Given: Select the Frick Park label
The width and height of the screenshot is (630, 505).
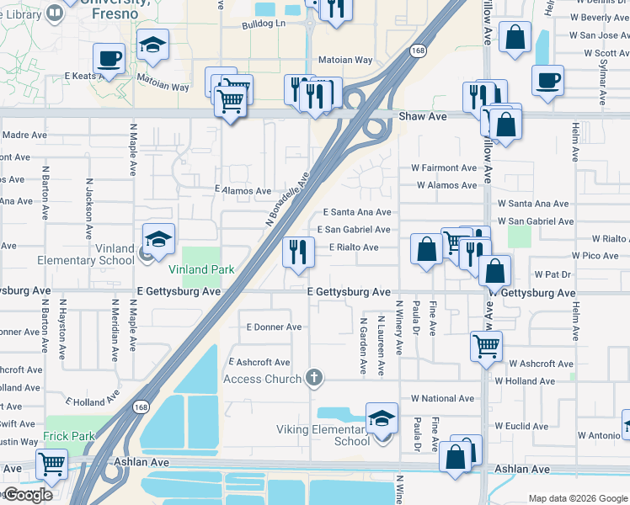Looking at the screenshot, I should [x=69, y=437].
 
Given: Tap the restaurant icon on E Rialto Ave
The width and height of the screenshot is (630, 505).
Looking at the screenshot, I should [x=298, y=252].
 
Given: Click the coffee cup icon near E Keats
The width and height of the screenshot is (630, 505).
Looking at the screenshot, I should [x=109, y=59].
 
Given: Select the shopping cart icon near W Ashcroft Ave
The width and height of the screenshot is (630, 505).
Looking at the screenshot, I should [x=487, y=344].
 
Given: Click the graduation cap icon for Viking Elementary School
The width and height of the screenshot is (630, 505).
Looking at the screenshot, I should [x=382, y=417].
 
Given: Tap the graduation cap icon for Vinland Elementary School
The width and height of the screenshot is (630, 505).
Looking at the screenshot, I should [x=158, y=238].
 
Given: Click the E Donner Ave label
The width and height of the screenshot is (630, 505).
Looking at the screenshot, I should [x=273, y=327].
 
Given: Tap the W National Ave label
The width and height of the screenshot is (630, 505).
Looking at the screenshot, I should [x=442, y=398].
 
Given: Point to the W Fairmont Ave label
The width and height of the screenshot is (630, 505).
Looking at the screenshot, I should [x=444, y=168].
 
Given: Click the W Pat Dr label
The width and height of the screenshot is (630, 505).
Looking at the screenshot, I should [x=553, y=274].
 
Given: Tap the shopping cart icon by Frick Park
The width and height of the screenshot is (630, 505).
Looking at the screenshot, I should [x=52, y=462].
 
